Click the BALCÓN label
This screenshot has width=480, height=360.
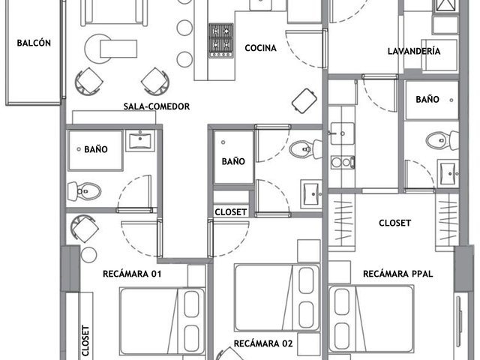[x=34, y=43]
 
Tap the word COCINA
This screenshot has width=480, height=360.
[x=260, y=48]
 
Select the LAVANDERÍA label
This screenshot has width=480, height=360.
[x=414, y=51]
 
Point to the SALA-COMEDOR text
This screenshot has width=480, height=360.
[x=157, y=106]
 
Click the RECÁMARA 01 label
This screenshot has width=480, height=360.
[x=132, y=274]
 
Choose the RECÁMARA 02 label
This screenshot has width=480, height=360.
[x=263, y=343]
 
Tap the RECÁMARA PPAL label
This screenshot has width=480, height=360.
[x=398, y=274]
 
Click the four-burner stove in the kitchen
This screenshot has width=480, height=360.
[x=221, y=40]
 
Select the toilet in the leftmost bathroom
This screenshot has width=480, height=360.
[x=84, y=191]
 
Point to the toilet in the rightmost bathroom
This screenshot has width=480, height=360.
[x=442, y=140]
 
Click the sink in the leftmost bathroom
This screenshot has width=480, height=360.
[x=140, y=140]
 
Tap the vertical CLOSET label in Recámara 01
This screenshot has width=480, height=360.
[x=85, y=340]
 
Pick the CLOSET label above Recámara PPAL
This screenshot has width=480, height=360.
[x=395, y=223]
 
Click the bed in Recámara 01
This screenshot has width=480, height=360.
[x=162, y=321]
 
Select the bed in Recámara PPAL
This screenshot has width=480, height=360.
[x=371, y=319]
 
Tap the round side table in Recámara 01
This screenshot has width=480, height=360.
[x=88, y=255]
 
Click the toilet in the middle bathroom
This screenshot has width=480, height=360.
[x=305, y=149]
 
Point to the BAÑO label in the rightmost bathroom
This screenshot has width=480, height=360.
[x=427, y=100]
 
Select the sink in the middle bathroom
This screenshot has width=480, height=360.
[x=311, y=194]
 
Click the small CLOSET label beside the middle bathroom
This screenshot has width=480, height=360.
[x=231, y=212]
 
